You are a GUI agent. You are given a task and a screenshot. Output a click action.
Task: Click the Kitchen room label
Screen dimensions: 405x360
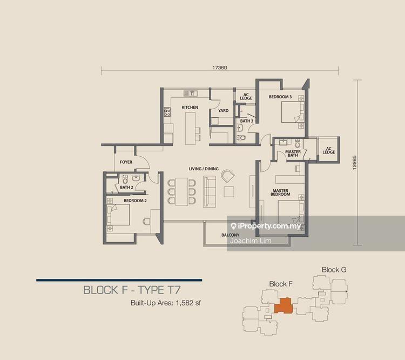[190, 108]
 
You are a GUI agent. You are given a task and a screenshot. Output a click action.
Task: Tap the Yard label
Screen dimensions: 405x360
[223, 110]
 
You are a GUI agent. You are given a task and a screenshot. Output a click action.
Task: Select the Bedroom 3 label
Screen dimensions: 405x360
[280, 97]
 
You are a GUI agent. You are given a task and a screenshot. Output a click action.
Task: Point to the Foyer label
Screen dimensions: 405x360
[126, 162]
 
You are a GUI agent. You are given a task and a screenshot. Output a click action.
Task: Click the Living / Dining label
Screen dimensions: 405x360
[204, 169]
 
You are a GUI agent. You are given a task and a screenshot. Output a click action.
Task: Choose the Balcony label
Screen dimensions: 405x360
[231, 235]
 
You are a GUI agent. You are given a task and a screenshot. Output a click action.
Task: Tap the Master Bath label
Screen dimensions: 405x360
[293, 154]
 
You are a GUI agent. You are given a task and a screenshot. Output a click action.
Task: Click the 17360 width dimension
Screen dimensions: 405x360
[220, 68]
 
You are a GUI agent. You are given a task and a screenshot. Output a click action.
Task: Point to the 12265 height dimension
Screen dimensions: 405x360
[354, 162]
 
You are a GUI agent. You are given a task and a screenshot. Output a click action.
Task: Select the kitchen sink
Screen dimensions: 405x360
[191, 94]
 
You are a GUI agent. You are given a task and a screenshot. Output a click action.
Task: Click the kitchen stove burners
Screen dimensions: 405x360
[167, 112]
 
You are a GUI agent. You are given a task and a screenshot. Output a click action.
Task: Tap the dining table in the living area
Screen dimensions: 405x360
[182, 192]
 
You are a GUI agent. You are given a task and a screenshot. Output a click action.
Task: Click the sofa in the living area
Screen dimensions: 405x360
[210, 192]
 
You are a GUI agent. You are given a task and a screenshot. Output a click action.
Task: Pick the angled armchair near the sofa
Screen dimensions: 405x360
[228, 176]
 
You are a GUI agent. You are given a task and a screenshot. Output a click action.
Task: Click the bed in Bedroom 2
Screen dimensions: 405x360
[118, 215]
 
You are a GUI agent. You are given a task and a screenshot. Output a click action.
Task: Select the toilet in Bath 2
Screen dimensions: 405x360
[125, 179]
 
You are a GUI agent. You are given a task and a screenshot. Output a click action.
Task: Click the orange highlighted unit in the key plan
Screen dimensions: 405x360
[283, 306]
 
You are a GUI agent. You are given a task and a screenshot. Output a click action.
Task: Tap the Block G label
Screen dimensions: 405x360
[334, 270]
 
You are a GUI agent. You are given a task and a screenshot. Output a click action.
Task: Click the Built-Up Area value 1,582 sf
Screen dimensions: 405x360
[188, 303]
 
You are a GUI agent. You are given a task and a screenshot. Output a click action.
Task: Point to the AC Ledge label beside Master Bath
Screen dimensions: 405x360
[328, 150]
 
